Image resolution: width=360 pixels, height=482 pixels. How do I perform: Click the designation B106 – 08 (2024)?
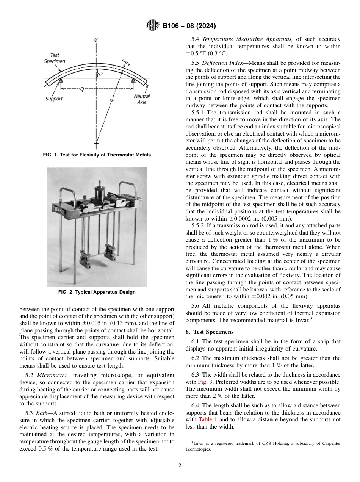[189, 26]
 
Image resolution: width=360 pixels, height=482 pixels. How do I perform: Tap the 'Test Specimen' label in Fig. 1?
[55, 58]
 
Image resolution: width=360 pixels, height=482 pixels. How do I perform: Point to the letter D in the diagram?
[100, 74]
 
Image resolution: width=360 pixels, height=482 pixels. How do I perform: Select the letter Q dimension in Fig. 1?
[82, 89]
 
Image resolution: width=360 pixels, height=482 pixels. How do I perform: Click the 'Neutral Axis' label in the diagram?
[142, 99]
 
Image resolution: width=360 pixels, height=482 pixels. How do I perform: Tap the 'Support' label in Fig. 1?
[54, 99]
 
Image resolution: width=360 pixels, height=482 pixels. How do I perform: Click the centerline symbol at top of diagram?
[97, 40]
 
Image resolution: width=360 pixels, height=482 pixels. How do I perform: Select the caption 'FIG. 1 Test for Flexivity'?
[97, 155]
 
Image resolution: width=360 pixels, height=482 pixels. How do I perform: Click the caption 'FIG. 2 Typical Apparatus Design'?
[97, 292]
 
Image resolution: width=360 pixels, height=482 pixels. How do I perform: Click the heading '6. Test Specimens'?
[210, 332]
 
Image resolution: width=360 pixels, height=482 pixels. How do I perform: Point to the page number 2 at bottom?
[180, 466]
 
